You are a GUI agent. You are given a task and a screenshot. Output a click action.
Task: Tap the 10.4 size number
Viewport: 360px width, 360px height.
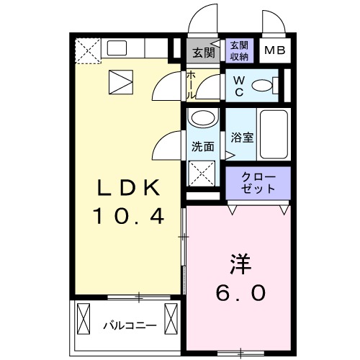tap(127, 215)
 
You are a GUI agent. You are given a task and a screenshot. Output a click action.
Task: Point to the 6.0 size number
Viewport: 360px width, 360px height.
tap(240, 292)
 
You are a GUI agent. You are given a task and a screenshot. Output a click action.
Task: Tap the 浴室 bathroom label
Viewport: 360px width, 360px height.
tap(242, 138)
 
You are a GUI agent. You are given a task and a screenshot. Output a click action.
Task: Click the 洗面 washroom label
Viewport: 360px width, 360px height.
tap(202, 146)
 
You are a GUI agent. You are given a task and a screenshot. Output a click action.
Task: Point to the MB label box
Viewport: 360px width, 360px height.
tap(272, 50)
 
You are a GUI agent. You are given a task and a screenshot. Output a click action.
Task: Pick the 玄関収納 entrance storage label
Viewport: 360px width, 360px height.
tap(240, 50)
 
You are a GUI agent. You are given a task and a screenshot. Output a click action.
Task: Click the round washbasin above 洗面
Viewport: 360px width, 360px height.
tap(202, 120)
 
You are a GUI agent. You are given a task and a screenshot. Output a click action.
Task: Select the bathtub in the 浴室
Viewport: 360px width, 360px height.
tap(273, 135)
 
